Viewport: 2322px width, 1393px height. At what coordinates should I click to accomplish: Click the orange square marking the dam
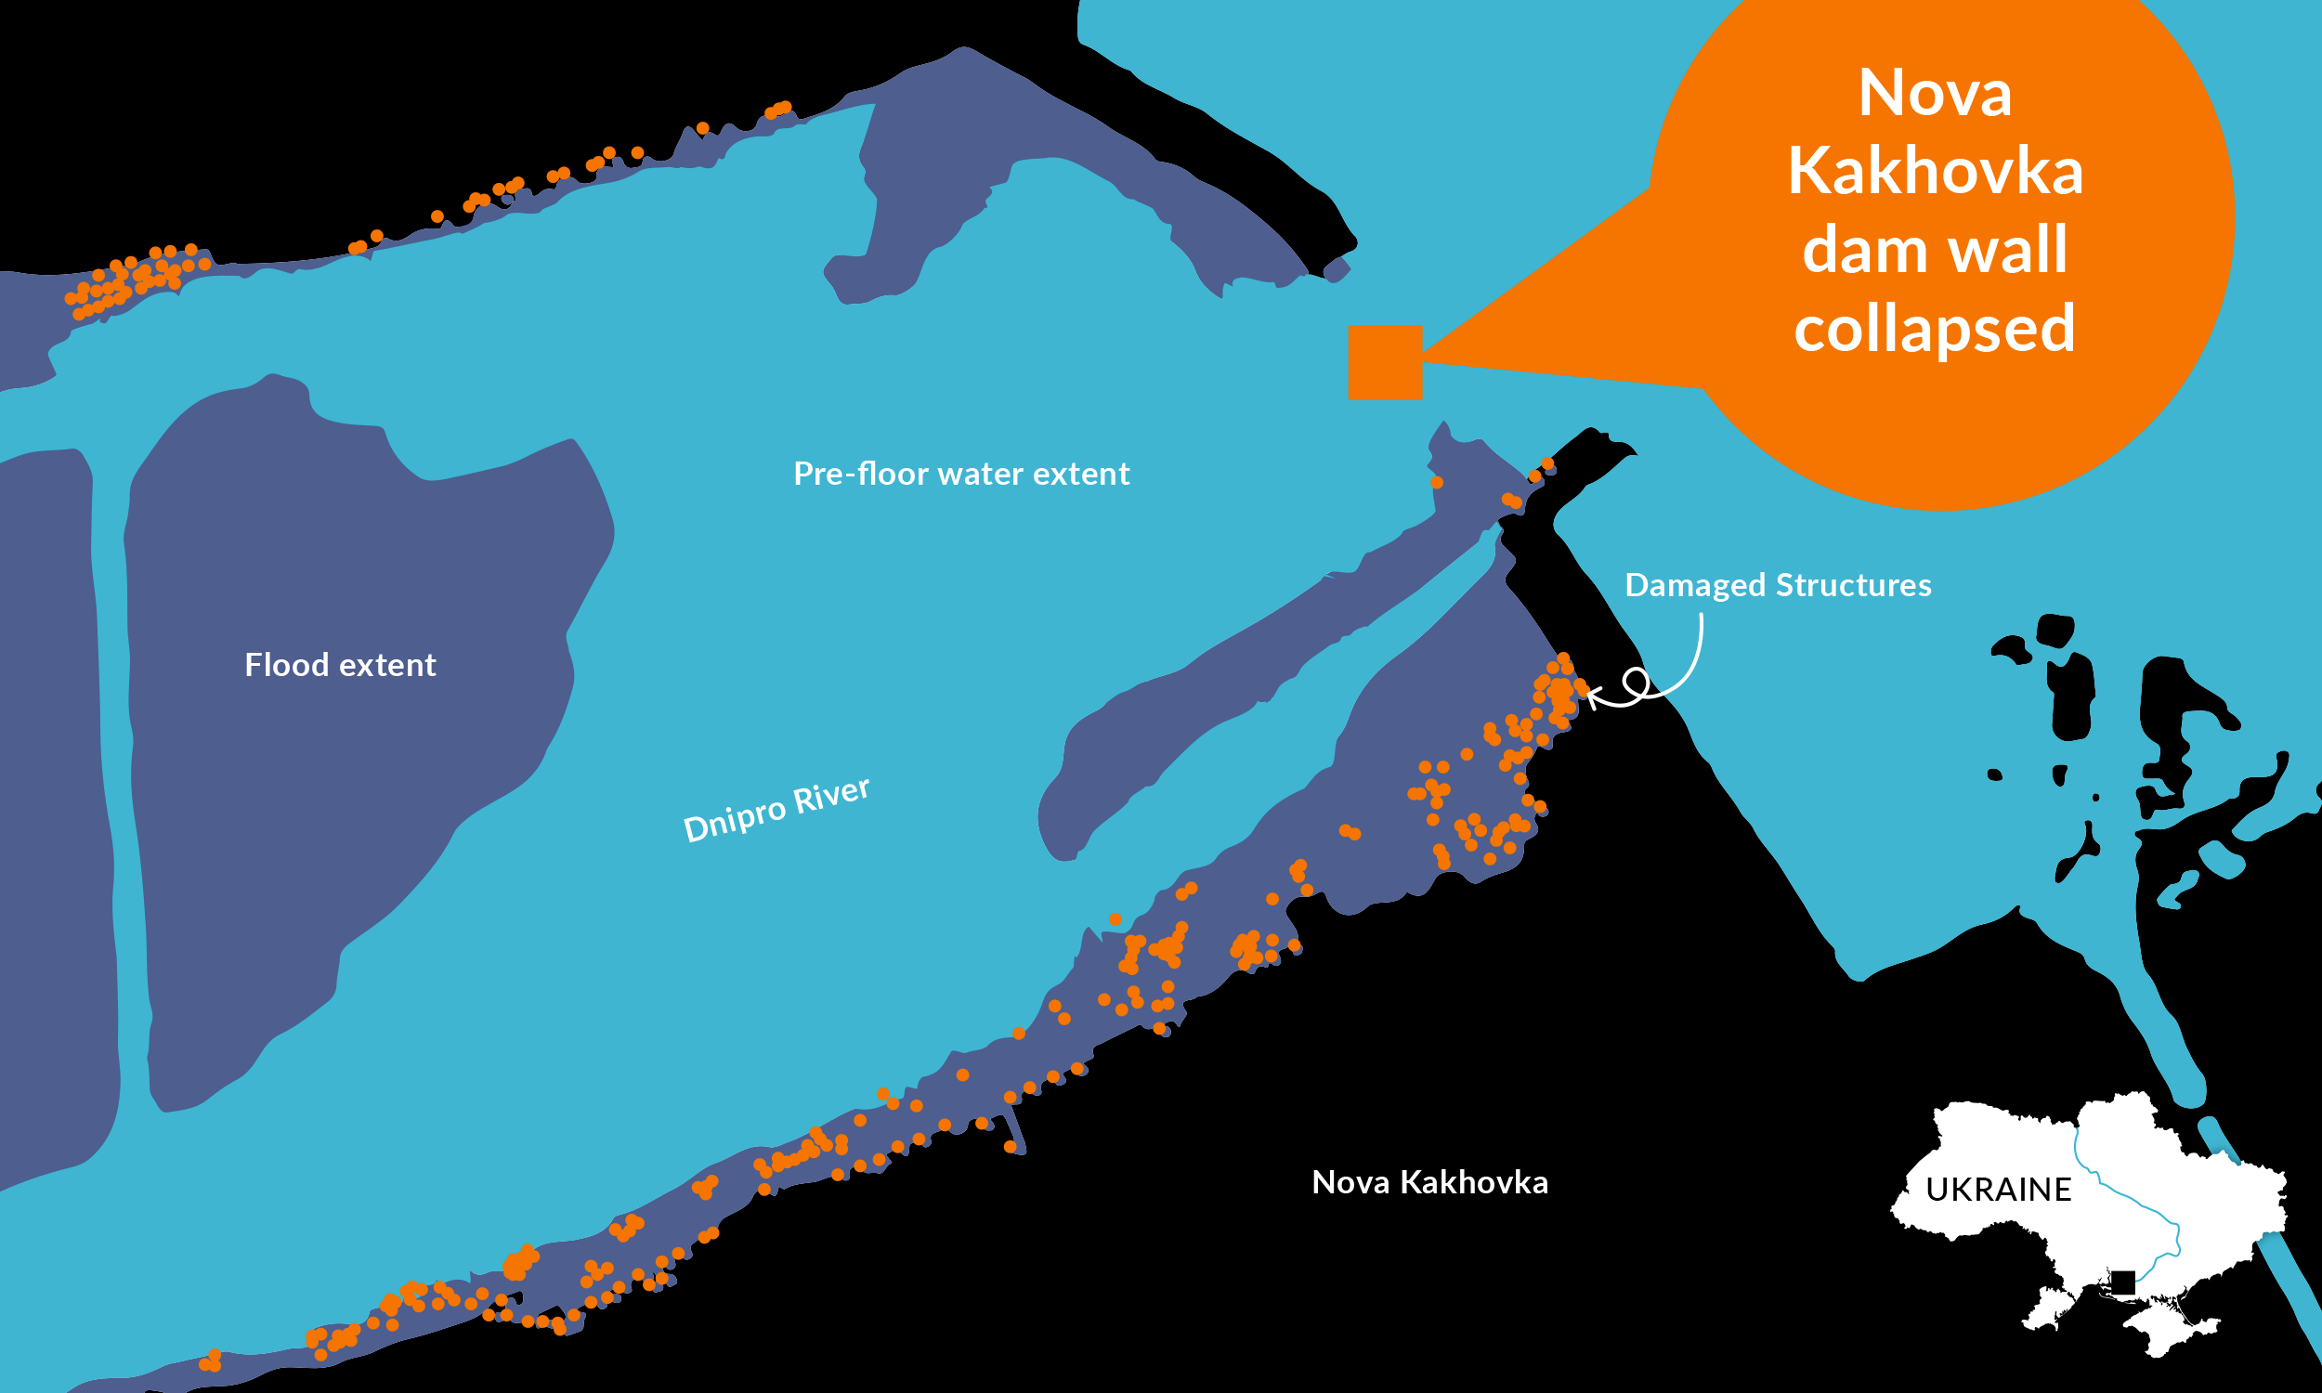tap(1386, 362)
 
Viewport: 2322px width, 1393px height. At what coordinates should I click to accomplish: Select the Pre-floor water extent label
tap(961, 474)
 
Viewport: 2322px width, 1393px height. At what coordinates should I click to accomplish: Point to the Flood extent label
tap(340, 666)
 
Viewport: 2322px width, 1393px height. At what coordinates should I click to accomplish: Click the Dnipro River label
tap(776, 809)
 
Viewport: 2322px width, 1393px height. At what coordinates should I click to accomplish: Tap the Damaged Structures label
tap(1778, 586)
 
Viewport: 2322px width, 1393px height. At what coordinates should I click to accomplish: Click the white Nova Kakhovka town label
tap(1429, 1183)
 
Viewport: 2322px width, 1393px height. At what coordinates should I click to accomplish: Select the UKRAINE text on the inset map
tap(1998, 1191)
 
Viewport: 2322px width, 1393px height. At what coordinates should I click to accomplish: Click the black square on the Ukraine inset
tap(2123, 1282)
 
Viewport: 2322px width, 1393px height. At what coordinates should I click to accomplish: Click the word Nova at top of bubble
tap(1935, 94)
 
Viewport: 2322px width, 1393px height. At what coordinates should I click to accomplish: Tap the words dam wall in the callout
tap(1935, 250)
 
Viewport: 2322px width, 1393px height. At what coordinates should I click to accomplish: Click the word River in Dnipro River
tap(831, 796)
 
